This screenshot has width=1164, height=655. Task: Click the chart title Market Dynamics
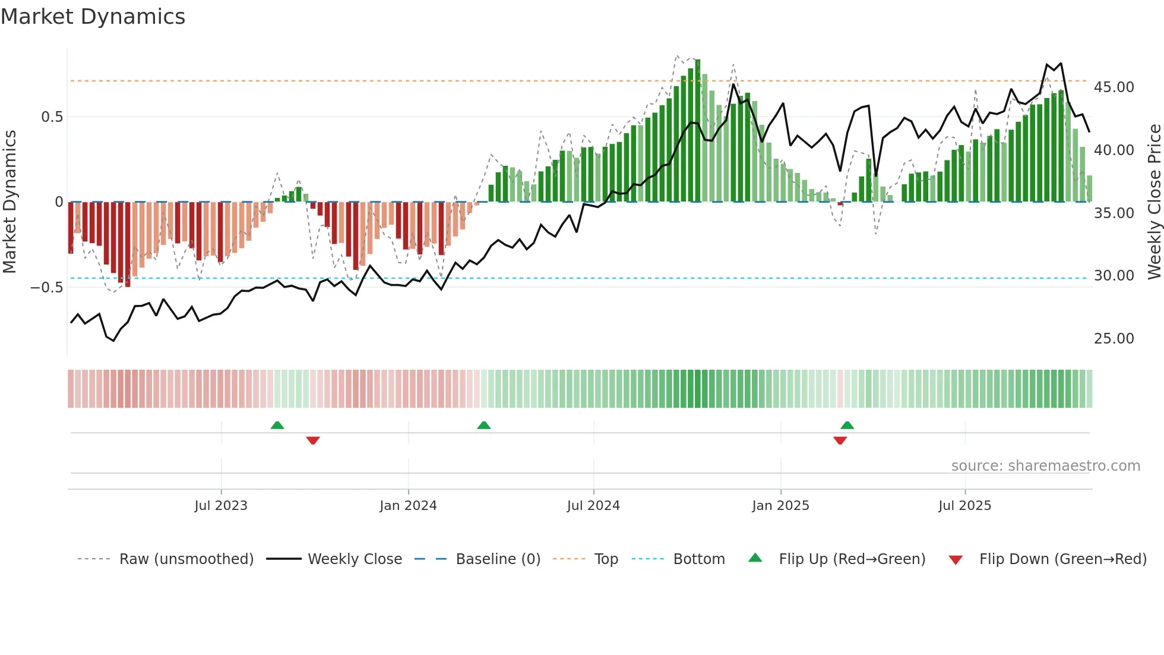[x=93, y=17]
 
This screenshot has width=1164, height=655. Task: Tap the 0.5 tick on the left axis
[x=52, y=117]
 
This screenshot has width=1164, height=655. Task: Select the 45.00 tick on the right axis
[x=1114, y=87]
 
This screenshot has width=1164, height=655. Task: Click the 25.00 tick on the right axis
[x=1114, y=339]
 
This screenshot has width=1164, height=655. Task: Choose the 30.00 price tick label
[x=1114, y=276]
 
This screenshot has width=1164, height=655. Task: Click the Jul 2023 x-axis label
[x=221, y=506]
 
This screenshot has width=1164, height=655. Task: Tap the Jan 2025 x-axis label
[x=780, y=506]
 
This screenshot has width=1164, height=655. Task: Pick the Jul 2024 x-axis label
[x=593, y=506]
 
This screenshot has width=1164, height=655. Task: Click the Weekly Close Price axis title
[x=1154, y=202]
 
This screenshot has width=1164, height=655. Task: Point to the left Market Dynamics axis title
[x=10, y=202]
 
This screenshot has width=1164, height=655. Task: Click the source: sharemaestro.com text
[x=1045, y=466]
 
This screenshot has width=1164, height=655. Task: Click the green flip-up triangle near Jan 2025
[x=847, y=425]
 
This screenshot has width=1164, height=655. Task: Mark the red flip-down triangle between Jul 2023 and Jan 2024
[x=313, y=440]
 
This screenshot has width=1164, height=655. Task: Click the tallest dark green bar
[x=698, y=131]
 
